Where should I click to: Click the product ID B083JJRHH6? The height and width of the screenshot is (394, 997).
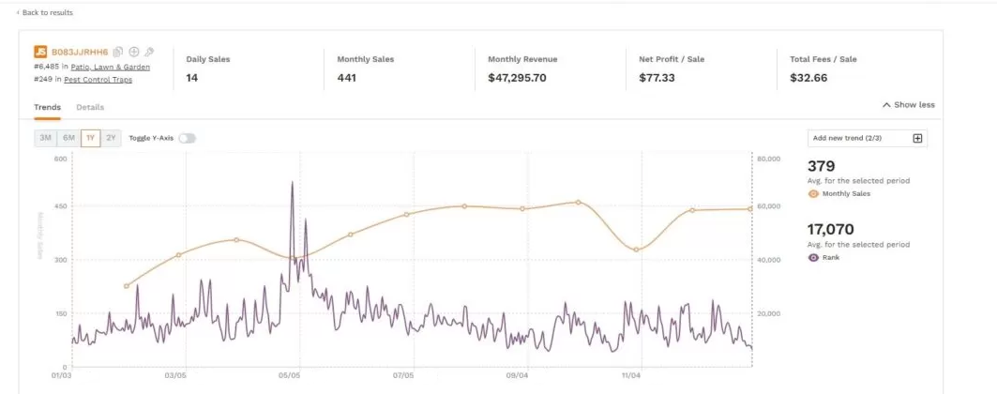point(80,52)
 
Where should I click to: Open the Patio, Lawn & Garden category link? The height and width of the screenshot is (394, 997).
point(110,67)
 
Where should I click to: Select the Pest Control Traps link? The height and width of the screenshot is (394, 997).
point(98,80)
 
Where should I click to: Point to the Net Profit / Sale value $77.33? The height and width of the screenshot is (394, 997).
point(657,78)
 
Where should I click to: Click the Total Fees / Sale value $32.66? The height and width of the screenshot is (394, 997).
point(808,78)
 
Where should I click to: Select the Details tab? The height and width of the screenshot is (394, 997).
point(90,107)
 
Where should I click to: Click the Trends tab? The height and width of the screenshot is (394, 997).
point(48,107)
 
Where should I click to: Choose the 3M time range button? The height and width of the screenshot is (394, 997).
point(45,138)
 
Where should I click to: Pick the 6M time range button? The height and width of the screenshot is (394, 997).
point(68,138)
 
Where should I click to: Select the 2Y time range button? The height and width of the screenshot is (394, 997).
point(112,138)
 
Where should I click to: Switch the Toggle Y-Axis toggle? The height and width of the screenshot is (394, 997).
point(188,138)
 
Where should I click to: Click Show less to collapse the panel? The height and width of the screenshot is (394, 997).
point(909,105)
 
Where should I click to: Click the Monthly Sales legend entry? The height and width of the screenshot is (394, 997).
point(845,193)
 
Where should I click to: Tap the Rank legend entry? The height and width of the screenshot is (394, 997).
point(830,257)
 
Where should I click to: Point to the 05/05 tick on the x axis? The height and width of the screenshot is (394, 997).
point(289,375)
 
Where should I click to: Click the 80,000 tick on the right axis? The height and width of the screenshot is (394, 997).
point(768,159)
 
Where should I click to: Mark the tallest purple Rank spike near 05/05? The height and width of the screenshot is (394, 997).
point(292,183)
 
